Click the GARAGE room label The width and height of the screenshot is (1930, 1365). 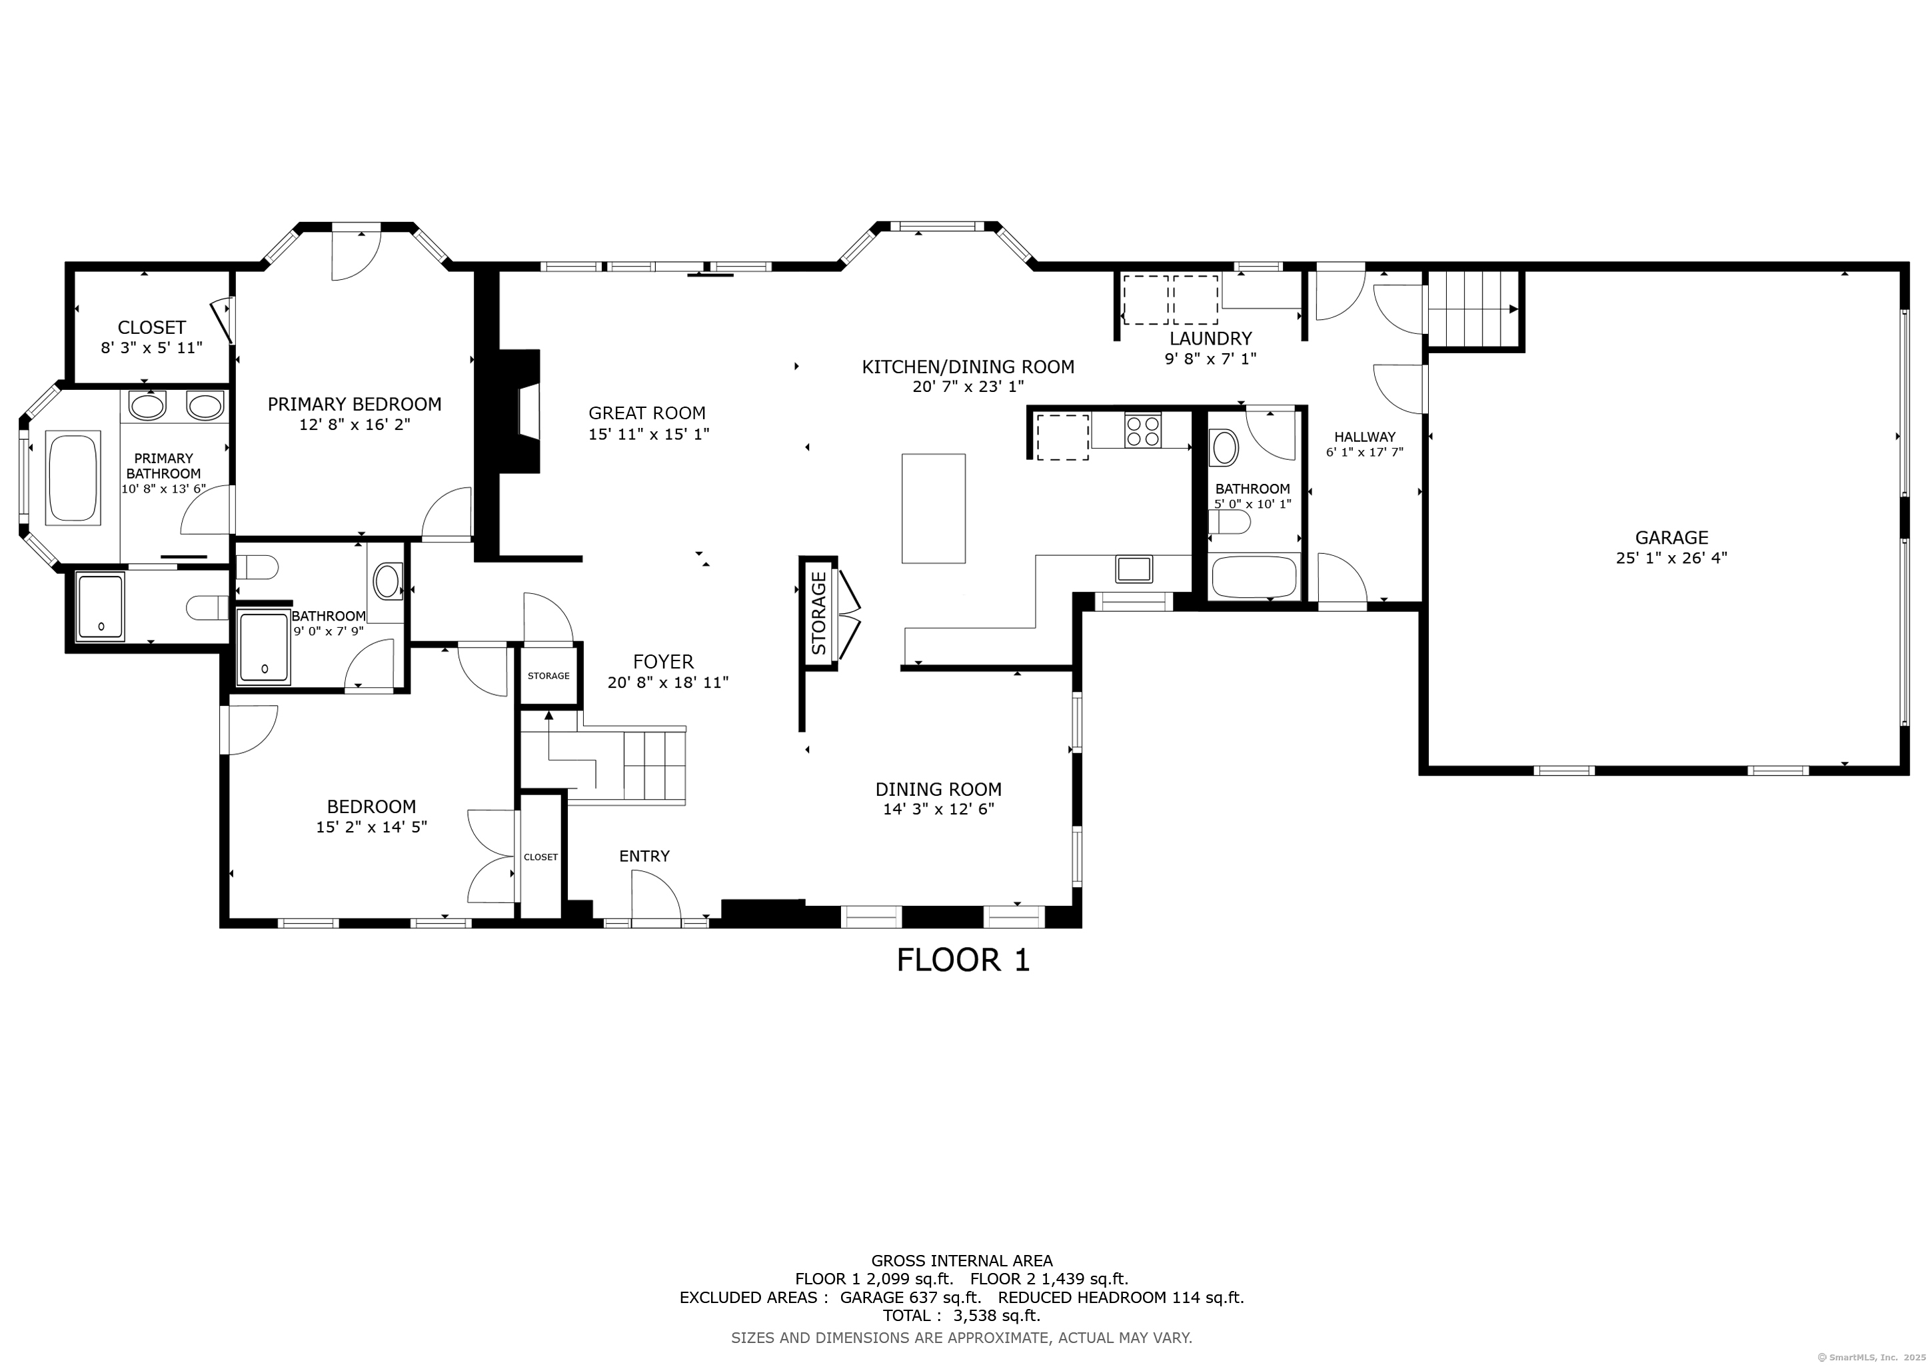tap(1671, 537)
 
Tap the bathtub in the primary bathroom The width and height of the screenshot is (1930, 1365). tap(74, 479)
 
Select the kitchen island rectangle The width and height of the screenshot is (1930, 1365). tap(933, 509)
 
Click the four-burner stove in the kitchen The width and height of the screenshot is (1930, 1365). tap(1142, 431)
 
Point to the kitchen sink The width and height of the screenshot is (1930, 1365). tap(1134, 569)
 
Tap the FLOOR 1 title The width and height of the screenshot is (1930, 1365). tap(962, 960)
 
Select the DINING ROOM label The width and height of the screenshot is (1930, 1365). tap(938, 789)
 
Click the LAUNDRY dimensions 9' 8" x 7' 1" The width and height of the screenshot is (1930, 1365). tap(1210, 359)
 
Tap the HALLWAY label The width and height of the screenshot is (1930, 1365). tap(1364, 437)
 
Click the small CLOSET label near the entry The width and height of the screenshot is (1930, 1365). tap(540, 857)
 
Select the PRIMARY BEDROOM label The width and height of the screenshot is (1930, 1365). tap(355, 405)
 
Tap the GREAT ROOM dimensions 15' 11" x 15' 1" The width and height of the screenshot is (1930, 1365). tap(649, 434)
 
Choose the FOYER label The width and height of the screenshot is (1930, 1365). tap(663, 661)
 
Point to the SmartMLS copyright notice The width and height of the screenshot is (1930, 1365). tap(1873, 1356)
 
